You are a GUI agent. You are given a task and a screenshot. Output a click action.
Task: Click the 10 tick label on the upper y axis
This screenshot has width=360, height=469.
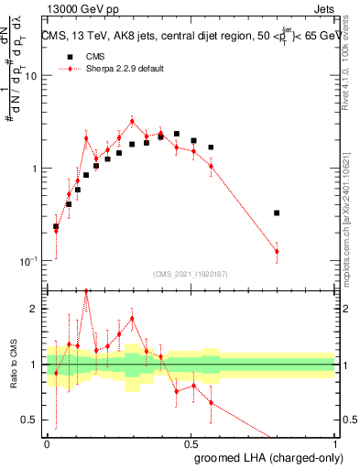pyautogui.click(x=30, y=76)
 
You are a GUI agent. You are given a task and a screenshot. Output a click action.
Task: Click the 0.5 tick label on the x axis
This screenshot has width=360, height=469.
pyautogui.click(x=191, y=442)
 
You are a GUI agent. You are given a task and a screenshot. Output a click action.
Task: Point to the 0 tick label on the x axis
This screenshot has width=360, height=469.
pyautogui.click(x=47, y=442)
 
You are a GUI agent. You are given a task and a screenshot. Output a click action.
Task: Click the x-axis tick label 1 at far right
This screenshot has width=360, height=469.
pyautogui.click(x=334, y=442)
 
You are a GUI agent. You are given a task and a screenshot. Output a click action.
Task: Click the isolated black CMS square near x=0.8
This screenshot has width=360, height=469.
pyautogui.click(x=277, y=213)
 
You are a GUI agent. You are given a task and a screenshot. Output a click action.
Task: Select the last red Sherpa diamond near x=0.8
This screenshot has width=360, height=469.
pyautogui.click(x=277, y=251)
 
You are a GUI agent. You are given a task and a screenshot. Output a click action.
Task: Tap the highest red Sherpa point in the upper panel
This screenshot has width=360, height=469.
pyautogui.click(x=132, y=121)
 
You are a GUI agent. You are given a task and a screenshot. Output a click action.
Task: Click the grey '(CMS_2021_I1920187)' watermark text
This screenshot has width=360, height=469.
pyautogui.click(x=191, y=273)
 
